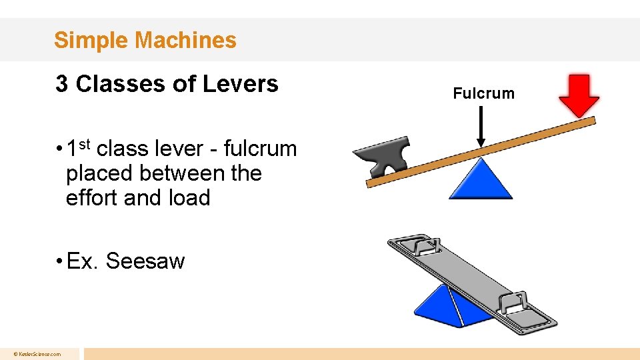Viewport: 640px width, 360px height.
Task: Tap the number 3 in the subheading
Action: (62, 84)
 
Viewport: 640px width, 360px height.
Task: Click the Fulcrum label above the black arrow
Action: (484, 93)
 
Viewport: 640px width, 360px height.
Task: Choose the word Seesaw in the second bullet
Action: (145, 261)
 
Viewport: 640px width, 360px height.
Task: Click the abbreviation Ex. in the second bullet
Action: (83, 261)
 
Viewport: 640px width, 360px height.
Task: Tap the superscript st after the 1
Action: (85, 144)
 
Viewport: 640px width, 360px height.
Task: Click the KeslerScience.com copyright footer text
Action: (39, 354)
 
